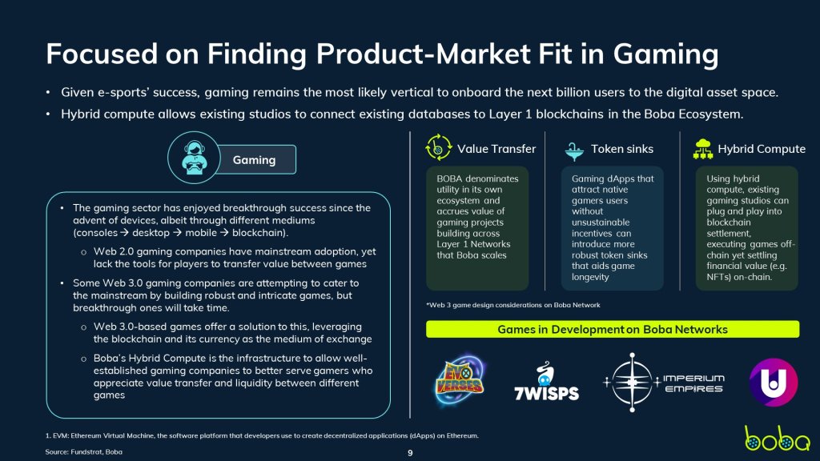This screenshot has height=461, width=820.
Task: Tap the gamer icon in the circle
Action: click(x=194, y=158)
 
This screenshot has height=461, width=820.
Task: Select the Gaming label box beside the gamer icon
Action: click(x=256, y=160)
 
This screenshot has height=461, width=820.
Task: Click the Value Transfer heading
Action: click(x=496, y=149)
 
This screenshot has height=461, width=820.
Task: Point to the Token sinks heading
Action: click(x=621, y=149)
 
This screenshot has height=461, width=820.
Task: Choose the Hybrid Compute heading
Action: click(x=762, y=149)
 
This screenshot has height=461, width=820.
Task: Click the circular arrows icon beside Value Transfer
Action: click(x=438, y=147)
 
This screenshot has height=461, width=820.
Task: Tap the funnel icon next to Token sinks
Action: click(x=574, y=151)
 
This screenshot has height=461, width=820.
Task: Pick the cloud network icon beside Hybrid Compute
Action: click(x=703, y=149)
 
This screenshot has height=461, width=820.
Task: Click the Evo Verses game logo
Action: click(x=460, y=380)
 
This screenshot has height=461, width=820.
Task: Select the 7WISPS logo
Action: click(x=546, y=382)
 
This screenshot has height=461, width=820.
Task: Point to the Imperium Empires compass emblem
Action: click(x=632, y=383)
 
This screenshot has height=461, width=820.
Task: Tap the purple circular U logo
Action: click(x=774, y=382)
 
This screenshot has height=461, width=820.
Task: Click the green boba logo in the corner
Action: click(x=777, y=439)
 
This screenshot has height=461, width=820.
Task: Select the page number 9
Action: click(x=410, y=453)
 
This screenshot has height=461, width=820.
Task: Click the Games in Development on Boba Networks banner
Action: click(x=613, y=329)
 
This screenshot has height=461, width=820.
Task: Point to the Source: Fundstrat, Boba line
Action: click(x=83, y=452)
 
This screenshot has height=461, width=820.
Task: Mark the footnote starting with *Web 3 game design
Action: click(x=513, y=305)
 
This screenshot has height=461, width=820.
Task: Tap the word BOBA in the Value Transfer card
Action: click(x=449, y=178)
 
